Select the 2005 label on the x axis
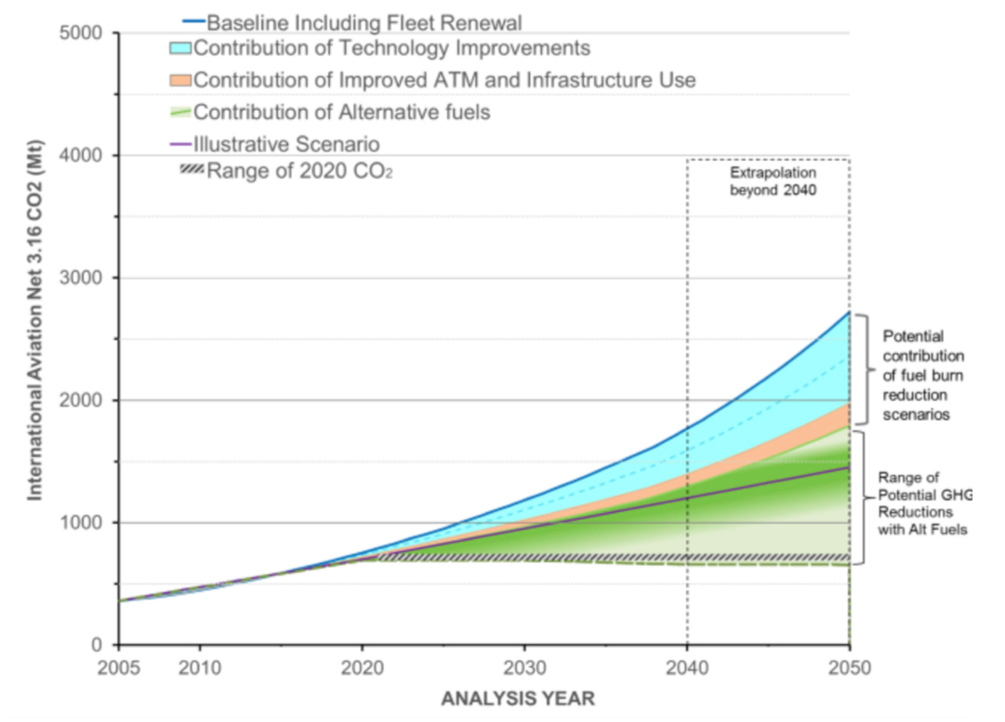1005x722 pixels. [119, 668]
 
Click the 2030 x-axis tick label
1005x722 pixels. [524, 668]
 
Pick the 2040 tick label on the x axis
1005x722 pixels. [687, 668]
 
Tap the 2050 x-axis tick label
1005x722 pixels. [849, 668]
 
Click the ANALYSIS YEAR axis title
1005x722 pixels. [519, 698]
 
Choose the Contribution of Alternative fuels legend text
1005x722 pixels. [341, 112]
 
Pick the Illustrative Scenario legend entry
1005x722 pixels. [286, 144]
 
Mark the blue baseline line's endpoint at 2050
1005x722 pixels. [849, 311]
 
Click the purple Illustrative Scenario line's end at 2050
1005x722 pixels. [849, 467]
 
